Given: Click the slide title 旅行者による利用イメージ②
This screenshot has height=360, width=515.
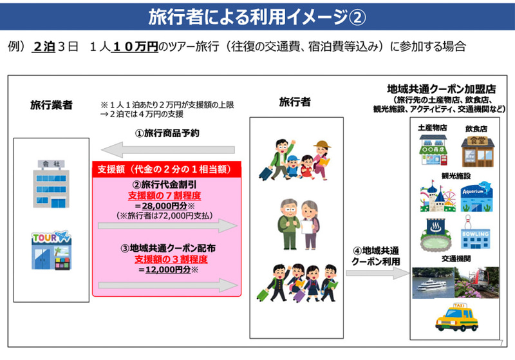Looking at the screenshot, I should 257,16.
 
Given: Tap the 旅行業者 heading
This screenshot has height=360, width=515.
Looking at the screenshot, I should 51,105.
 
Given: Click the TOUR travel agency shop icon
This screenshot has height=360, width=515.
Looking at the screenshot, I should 51,251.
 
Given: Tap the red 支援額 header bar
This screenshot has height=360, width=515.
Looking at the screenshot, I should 167,169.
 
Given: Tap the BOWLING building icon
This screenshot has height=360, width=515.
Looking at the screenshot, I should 476,236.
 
